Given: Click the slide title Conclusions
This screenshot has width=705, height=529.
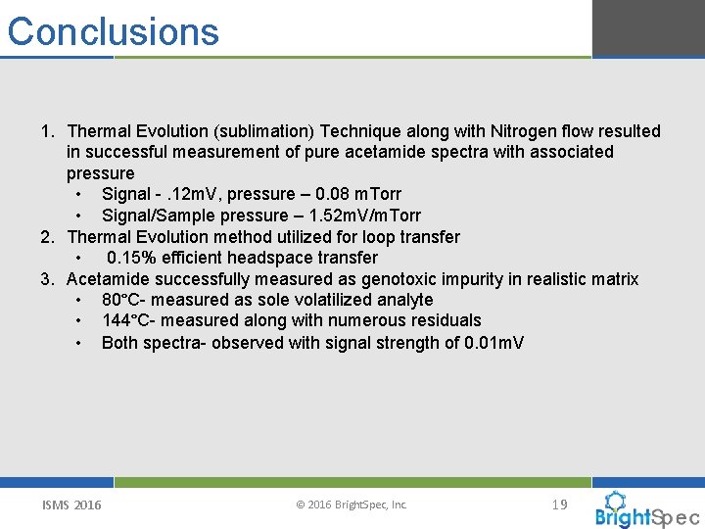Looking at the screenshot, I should tap(114, 31).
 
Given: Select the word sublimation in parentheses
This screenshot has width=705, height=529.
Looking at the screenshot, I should tap(254, 131).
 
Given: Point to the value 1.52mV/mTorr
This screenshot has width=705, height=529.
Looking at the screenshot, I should tap(364, 216).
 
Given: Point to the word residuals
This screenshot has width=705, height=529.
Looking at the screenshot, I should tap(446, 320).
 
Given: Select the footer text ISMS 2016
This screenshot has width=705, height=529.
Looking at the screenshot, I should tap(71, 505).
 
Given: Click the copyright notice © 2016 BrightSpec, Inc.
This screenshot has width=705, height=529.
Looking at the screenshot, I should tap(352, 505).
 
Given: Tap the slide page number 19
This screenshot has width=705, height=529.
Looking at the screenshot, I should tap(559, 505).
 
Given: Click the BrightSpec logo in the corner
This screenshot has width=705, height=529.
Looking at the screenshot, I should tap(647, 509).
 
